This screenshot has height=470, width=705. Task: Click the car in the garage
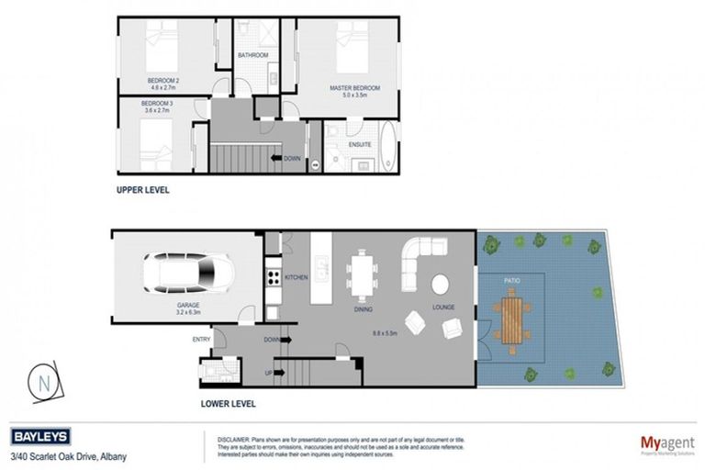[x=189, y=271]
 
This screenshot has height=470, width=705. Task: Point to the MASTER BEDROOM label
[x=354, y=89]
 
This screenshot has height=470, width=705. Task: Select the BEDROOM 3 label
[x=157, y=106]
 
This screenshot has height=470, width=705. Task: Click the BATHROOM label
[x=253, y=55]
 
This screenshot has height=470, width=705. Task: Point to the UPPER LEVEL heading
[x=142, y=191]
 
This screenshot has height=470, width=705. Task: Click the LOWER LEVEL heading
[x=228, y=403]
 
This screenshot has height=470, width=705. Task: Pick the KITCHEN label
[x=295, y=276]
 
